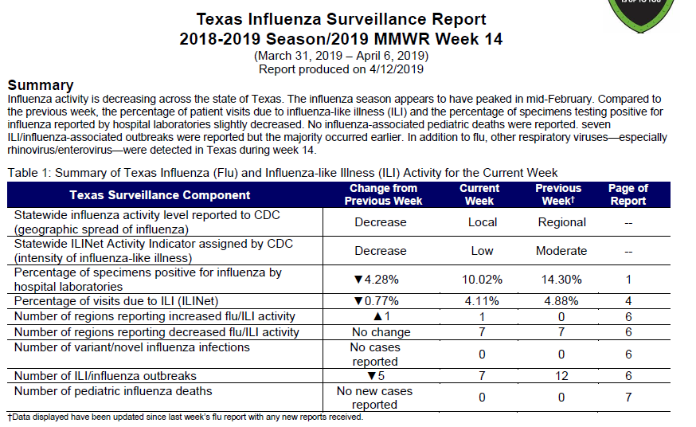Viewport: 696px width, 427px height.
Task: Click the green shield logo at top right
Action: (641, 14)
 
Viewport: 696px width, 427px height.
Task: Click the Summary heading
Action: (41, 84)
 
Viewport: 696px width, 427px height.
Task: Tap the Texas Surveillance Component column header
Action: (160, 195)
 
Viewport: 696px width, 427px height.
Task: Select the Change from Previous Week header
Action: (383, 194)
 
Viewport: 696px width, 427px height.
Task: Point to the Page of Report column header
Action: (628, 194)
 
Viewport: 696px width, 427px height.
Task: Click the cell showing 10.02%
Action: (482, 280)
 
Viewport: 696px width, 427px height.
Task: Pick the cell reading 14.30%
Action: (561, 280)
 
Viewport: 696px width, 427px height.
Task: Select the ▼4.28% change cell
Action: (377, 280)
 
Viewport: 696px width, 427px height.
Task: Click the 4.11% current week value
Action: (482, 301)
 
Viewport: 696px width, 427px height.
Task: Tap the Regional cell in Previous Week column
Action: (562, 222)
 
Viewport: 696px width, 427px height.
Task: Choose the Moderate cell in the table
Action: (561, 251)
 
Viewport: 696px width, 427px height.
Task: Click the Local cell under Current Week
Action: (483, 222)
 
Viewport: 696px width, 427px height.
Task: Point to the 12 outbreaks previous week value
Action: (561, 376)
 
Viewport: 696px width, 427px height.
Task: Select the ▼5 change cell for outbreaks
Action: (377, 376)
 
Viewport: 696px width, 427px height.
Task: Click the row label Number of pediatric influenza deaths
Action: (113, 391)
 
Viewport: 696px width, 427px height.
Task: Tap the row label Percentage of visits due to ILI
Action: (116, 301)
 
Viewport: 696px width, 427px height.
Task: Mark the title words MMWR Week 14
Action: (438, 39)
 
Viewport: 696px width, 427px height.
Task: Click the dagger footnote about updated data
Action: (185, 417)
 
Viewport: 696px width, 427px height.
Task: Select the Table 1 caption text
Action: (283, 173)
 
